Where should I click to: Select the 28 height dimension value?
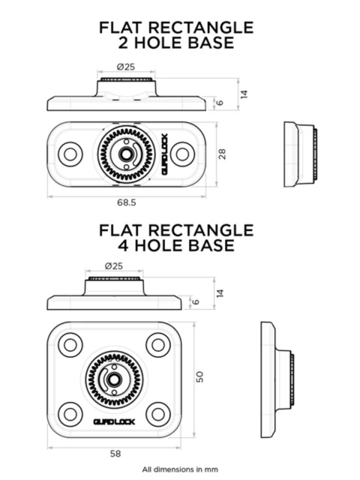222,154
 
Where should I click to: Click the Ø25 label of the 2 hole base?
125,67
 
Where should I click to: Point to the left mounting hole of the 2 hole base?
72,154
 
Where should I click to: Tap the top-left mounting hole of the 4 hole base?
72,345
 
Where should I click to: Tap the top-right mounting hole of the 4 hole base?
157,345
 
